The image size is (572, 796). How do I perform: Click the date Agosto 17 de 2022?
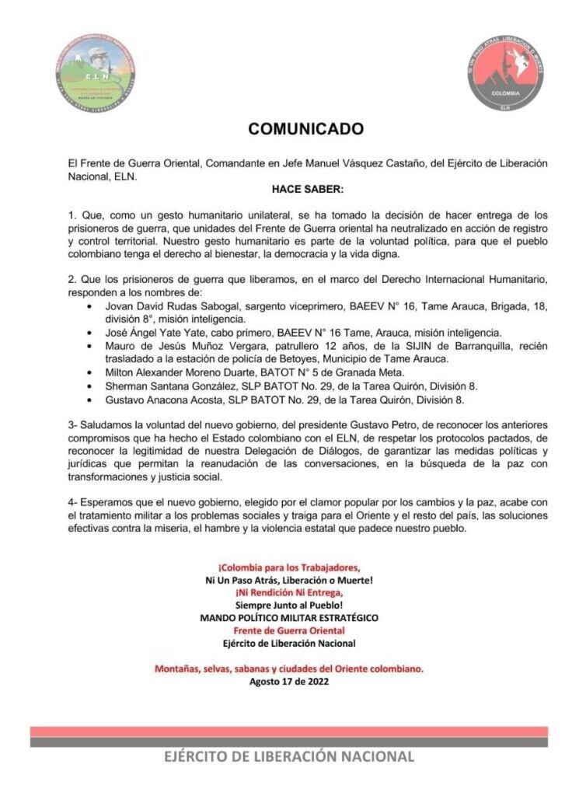tap(289, 682)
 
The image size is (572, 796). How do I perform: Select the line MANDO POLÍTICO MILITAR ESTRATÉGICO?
tap(289, 617)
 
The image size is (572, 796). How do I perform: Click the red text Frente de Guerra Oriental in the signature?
tap(289, 630)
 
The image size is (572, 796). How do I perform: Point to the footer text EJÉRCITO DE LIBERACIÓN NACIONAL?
tap(289, 756)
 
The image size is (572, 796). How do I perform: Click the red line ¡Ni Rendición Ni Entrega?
tap(289, 592)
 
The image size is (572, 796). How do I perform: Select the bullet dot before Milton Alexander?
tap(94, 373)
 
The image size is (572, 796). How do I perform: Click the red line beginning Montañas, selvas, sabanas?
tap(289, 669)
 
